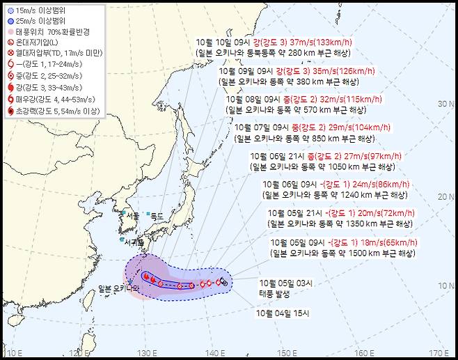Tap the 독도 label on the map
pos(156,216)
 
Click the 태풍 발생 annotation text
pos(276,293)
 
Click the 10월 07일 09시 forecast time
pos(258,127)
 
